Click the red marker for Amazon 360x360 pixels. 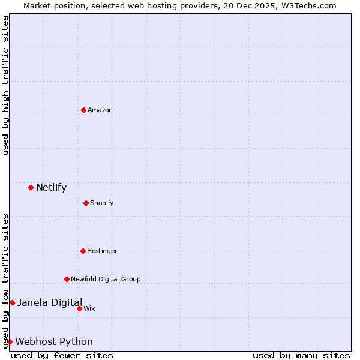pyautogui.click(x=83, y=110)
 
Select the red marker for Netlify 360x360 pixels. pyautogui.click(x=31, y=187)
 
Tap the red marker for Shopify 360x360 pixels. pyautogui.click(x=86, y=203)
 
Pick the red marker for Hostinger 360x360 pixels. pyautogui.click(x=83, y=251)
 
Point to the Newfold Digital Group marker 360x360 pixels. pyautogui.click(x=67, y=279)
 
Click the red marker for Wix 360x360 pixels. pyautogui.click(x=79, y=308)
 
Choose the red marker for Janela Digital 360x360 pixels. pyautogui.click(x=12, y=302)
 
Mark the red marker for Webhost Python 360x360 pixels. pyautogui.click(x=10, y=341)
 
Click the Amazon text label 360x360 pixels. pyautogui.click(x=100, y=110)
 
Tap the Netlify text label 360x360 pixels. pyautogui.click(x=51, y=187)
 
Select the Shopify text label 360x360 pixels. pyautogui.click(x=102, y=203)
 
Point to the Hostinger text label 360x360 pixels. pyautogui.click(x=102, y=251)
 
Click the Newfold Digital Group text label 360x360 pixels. pyautogui.click(x=106, y=279)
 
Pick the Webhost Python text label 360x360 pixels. pyautogui.click(x=54, y=341)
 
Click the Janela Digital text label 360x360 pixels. pyautogui.click(x=50, y=302)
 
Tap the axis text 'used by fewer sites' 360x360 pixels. pyautogui.click(x=62, y=355)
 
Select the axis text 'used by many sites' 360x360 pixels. pyautogui.click(x=301, y=355)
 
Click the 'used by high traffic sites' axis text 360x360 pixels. pyautogui.click(x=5, y=85)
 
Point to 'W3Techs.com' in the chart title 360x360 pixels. pyautogui.click(x=310, y=5)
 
